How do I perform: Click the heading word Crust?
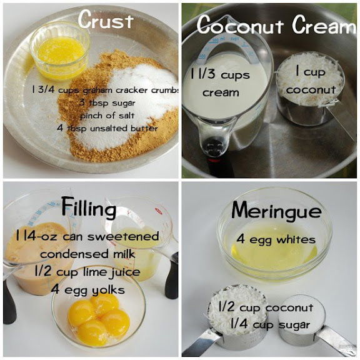tap(106, 19)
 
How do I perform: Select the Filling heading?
tap(89, 207)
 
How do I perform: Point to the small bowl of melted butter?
tap(60, 51)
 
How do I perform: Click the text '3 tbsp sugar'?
tap(107, 102)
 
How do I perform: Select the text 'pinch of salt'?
tap(107, 116)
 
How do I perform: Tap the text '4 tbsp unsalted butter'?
tap(107, 128)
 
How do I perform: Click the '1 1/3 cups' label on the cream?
tap(220, 75)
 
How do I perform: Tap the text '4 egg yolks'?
tap(87, 290)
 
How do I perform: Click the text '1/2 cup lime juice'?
tap(87, 272)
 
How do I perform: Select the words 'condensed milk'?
tap(87, 254)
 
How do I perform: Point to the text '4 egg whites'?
tap(276, 240)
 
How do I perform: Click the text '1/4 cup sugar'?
tap(270, 324)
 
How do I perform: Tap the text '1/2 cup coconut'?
tap(266, 307)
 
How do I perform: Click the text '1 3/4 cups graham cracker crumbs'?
tap(105, 90)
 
